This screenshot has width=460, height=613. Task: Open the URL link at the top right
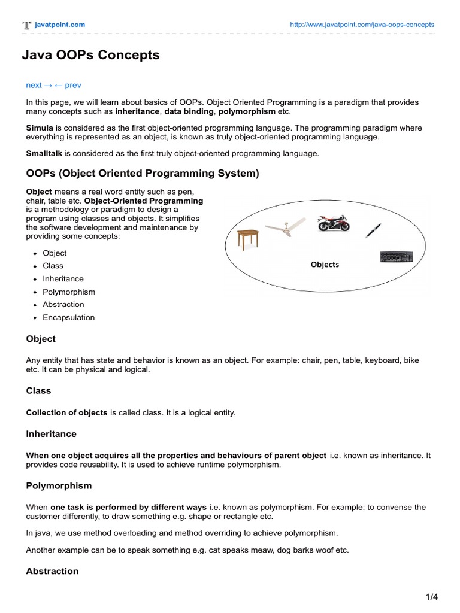(362, 25)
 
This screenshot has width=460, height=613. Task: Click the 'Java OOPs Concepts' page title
(90, 56)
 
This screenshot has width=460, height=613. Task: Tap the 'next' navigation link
(34, 86)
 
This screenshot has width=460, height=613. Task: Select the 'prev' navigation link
(72, 86)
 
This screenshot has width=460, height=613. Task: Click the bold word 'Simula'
(40, 128)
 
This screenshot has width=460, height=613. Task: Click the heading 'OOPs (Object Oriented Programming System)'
(143, 174)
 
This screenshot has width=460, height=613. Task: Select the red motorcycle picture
(334, 223)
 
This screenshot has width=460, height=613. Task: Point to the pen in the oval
(373, 230)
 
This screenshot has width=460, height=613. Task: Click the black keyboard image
(397, 257)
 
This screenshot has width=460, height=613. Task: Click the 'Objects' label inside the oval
(325, 265)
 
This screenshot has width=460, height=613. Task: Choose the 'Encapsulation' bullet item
(68, 318)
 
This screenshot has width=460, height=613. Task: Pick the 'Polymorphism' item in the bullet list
(69, 292)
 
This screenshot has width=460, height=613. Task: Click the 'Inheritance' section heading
(51, 433)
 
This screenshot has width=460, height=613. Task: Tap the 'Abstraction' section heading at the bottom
(52, 571)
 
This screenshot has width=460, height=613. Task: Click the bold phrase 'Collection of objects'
(66, 413)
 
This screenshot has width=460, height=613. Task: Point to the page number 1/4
(432, 597)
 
